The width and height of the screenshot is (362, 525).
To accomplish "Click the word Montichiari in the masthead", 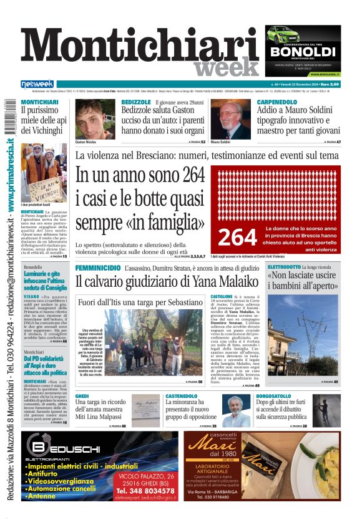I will point(140,49).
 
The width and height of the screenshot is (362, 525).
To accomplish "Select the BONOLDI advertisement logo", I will point(303,51).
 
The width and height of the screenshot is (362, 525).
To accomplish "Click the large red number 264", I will point(237,236).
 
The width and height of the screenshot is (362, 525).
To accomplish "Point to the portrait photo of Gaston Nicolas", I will point(95,118).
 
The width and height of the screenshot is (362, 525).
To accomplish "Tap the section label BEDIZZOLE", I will point(136,102).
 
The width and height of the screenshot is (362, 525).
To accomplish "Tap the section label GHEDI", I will point(82,396).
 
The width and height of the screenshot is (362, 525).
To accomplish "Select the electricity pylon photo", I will point(303,337).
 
